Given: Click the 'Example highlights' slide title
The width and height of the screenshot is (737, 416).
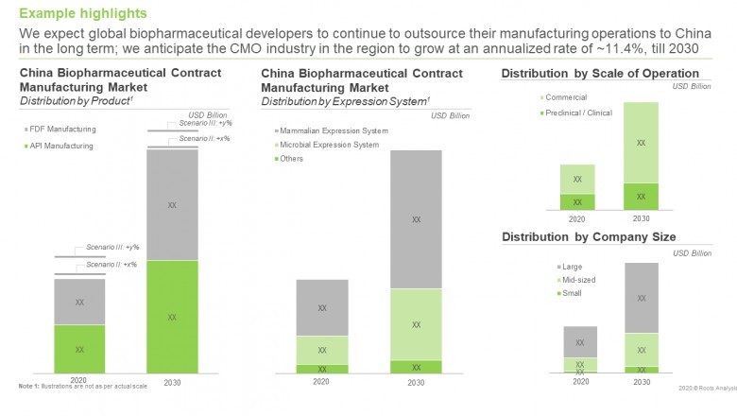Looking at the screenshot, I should (83, 13).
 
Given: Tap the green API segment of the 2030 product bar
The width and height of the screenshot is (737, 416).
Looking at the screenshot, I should (171, 317).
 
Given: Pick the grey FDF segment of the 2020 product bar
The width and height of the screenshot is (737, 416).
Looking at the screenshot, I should (79, 302).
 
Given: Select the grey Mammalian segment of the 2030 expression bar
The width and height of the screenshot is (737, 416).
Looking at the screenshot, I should (416, 219).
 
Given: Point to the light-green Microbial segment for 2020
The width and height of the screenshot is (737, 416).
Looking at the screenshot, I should (322, 350).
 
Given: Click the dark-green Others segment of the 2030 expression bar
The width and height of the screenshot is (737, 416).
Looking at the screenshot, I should (416, 367).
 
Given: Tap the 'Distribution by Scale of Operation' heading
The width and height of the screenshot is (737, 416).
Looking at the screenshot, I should (606, 74).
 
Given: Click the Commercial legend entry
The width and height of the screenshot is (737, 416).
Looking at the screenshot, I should (566, 97).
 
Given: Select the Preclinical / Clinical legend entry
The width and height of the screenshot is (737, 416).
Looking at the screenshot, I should (578, 113).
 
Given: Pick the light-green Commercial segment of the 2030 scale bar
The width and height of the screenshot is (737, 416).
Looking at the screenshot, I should (642, 142).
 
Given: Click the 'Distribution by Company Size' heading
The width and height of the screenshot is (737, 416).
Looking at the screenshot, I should (588, 236).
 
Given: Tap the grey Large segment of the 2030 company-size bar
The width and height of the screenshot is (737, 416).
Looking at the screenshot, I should (642, 298).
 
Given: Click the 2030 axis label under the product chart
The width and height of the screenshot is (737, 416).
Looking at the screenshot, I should (171, 382).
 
